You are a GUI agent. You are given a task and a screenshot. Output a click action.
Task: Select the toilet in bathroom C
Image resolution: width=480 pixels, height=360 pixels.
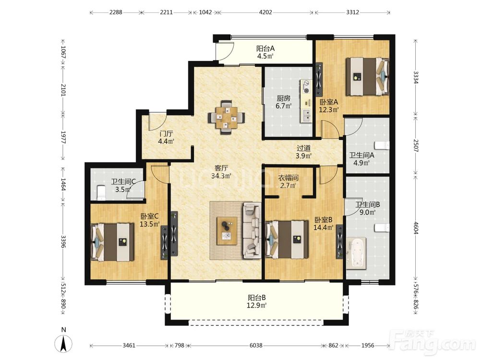pos(101,192)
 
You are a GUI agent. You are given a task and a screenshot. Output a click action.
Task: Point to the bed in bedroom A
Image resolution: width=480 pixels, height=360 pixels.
pos(367,77)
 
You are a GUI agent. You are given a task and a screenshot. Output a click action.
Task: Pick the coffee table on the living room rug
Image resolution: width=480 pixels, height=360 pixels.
pos(227,230)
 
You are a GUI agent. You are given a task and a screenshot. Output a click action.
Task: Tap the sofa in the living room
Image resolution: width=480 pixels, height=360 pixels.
pos(252,230)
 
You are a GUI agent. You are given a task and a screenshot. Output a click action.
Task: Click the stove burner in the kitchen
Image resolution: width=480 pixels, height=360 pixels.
pos(306,86)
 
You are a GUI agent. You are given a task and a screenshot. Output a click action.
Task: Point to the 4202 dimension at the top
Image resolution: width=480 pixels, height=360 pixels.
pos(265,12)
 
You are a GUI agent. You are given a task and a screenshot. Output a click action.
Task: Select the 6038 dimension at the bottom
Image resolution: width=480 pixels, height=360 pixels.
pos(256,346)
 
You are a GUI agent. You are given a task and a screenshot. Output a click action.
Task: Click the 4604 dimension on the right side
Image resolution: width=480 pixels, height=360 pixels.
pos(415,227)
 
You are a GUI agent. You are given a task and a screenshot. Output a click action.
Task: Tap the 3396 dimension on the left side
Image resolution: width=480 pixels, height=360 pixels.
pos(63,241)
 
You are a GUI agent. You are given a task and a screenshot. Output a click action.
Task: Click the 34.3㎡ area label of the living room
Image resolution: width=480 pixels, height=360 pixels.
pos(221,176)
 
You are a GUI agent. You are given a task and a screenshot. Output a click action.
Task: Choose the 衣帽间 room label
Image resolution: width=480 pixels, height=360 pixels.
pos(288,178)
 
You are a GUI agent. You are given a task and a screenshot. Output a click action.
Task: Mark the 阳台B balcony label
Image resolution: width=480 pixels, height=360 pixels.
pos(256,298)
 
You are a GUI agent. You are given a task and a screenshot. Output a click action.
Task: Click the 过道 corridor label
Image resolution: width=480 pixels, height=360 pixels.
pos(304,148)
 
